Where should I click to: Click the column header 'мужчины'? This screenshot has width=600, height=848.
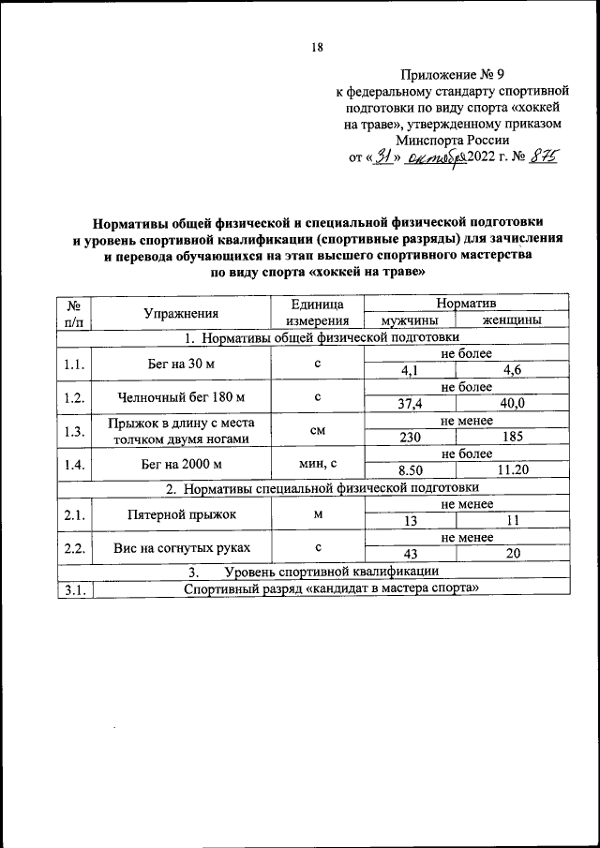pos(410,320)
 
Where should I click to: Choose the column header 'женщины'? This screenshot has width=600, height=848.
pos(511,320)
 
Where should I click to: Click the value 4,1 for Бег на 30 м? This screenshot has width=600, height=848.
pos(410,371)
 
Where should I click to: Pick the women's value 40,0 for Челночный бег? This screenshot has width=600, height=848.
pos(511,403)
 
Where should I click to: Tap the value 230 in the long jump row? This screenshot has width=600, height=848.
pos(410,436)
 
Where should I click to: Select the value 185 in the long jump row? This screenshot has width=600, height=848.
pos(511,436)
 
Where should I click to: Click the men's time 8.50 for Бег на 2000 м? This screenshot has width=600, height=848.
pos(410,469)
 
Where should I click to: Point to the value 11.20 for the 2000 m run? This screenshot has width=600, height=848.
pos(511,469)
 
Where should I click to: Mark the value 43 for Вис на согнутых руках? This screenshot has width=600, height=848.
pos(410,555)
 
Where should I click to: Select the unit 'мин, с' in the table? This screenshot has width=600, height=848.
pos(317,462)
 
